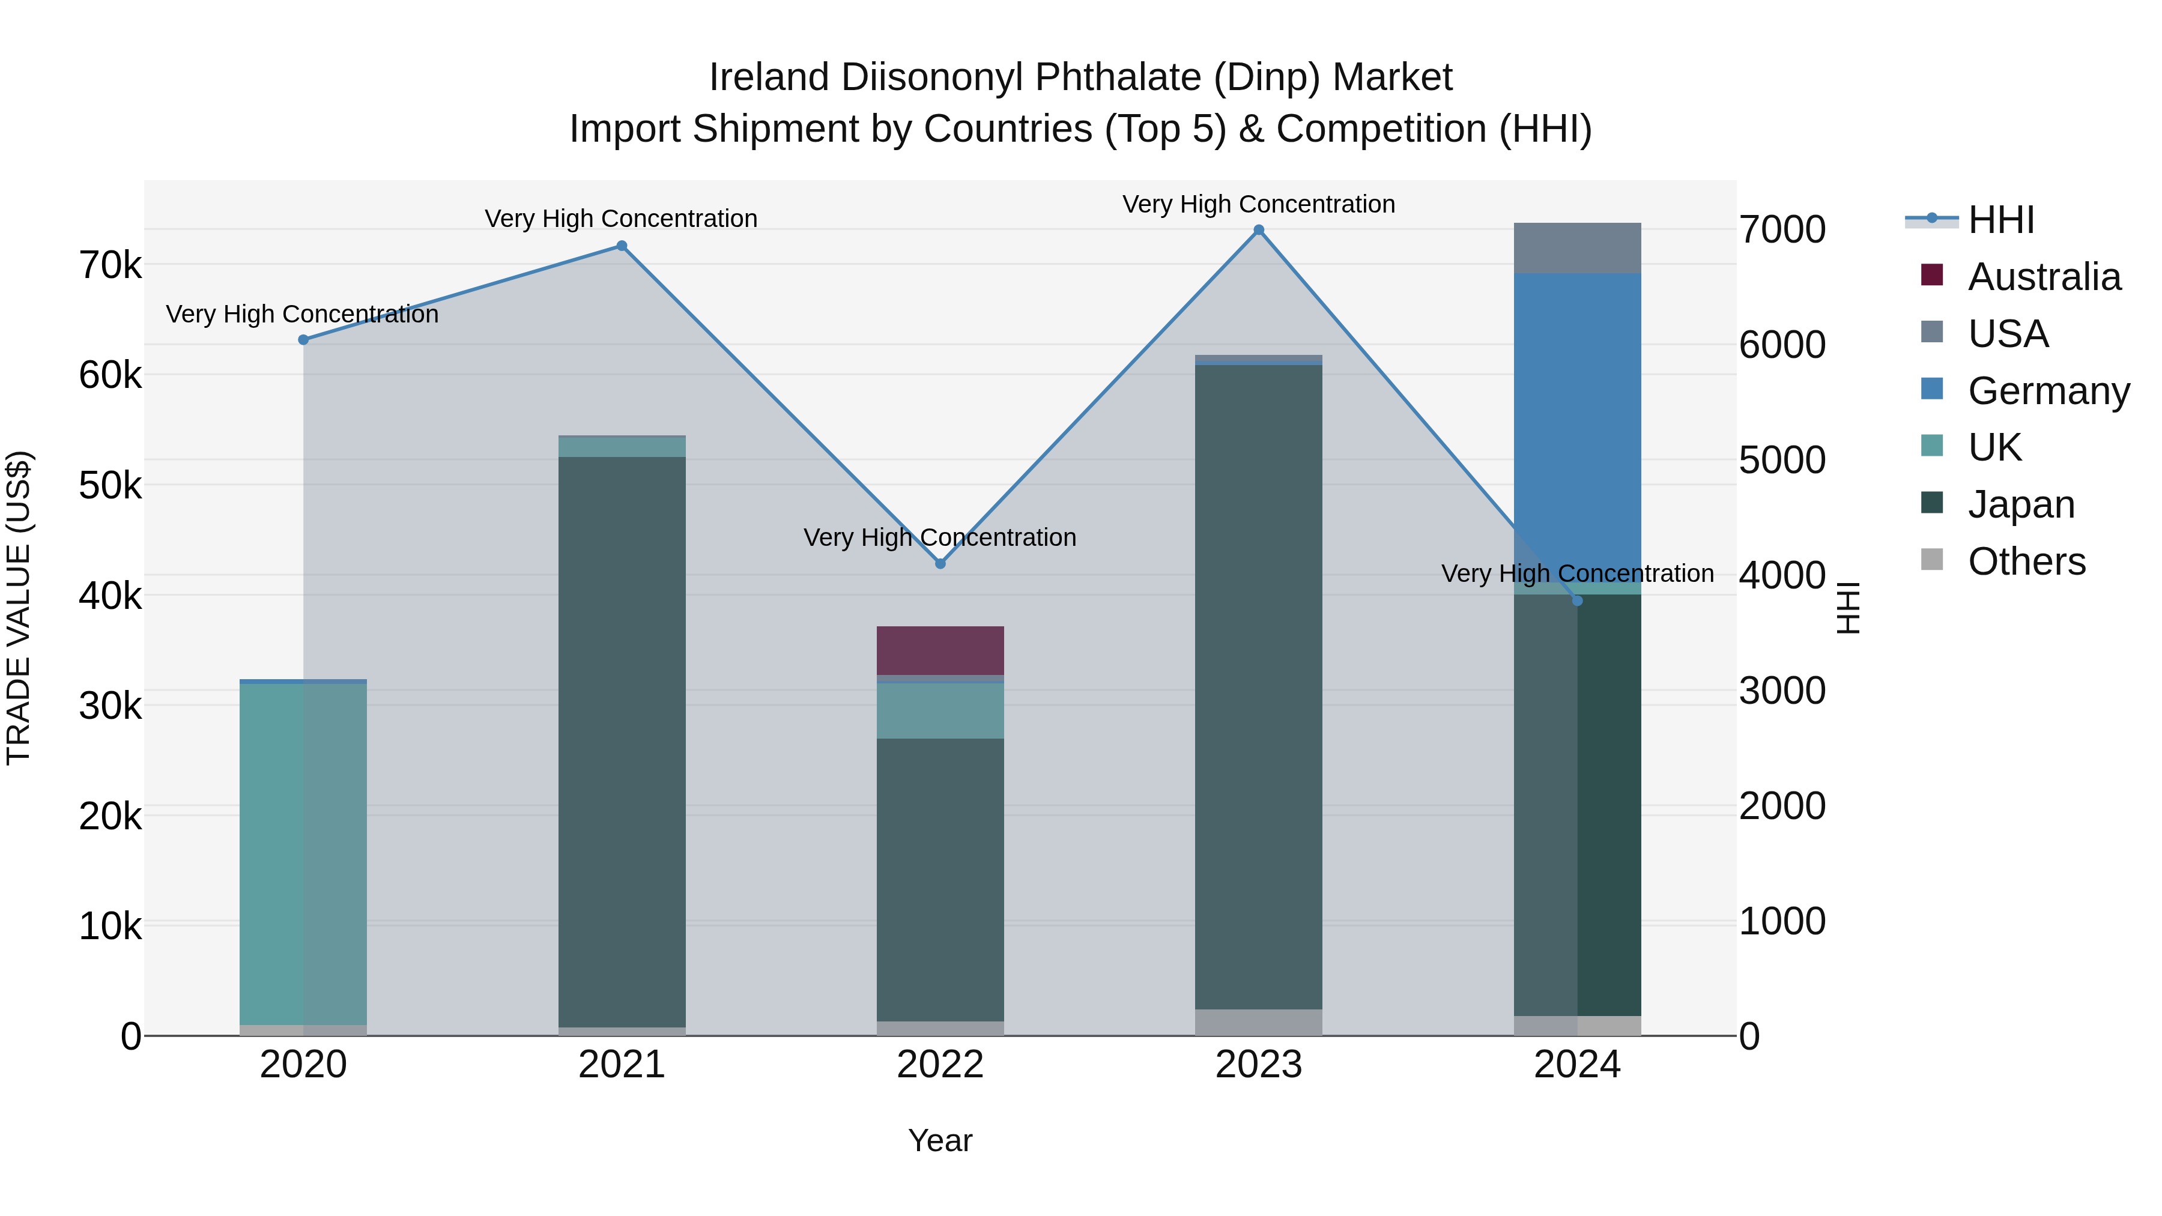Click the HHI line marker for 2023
1258,230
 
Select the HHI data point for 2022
940,564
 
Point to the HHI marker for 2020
304,340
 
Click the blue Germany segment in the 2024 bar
1577,420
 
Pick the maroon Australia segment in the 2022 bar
940,650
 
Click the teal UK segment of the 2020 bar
303,852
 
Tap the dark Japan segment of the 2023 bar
1258,688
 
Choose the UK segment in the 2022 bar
940,711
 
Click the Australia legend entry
2043,277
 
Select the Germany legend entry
2048,391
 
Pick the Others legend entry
2026,561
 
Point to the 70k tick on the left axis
110,265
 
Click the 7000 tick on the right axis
1782,230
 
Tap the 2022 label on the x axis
940,1065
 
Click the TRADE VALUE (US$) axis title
19,608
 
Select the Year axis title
940,1140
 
